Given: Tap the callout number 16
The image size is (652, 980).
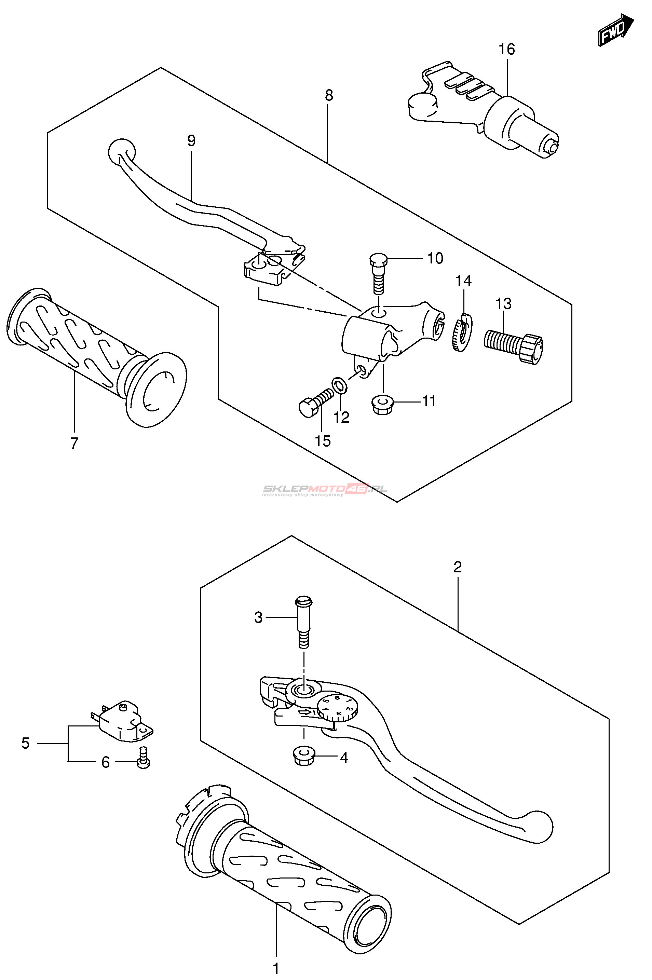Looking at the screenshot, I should click(506, 50).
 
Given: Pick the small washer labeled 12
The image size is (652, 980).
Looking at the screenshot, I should click(340, 385).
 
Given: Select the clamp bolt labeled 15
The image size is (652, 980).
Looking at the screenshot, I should click(315, 402).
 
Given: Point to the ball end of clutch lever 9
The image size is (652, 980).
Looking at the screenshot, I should click(121, 152).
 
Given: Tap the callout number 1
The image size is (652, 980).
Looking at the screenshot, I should click(276, 968).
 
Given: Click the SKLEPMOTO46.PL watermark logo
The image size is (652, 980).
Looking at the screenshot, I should click(324, 490).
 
